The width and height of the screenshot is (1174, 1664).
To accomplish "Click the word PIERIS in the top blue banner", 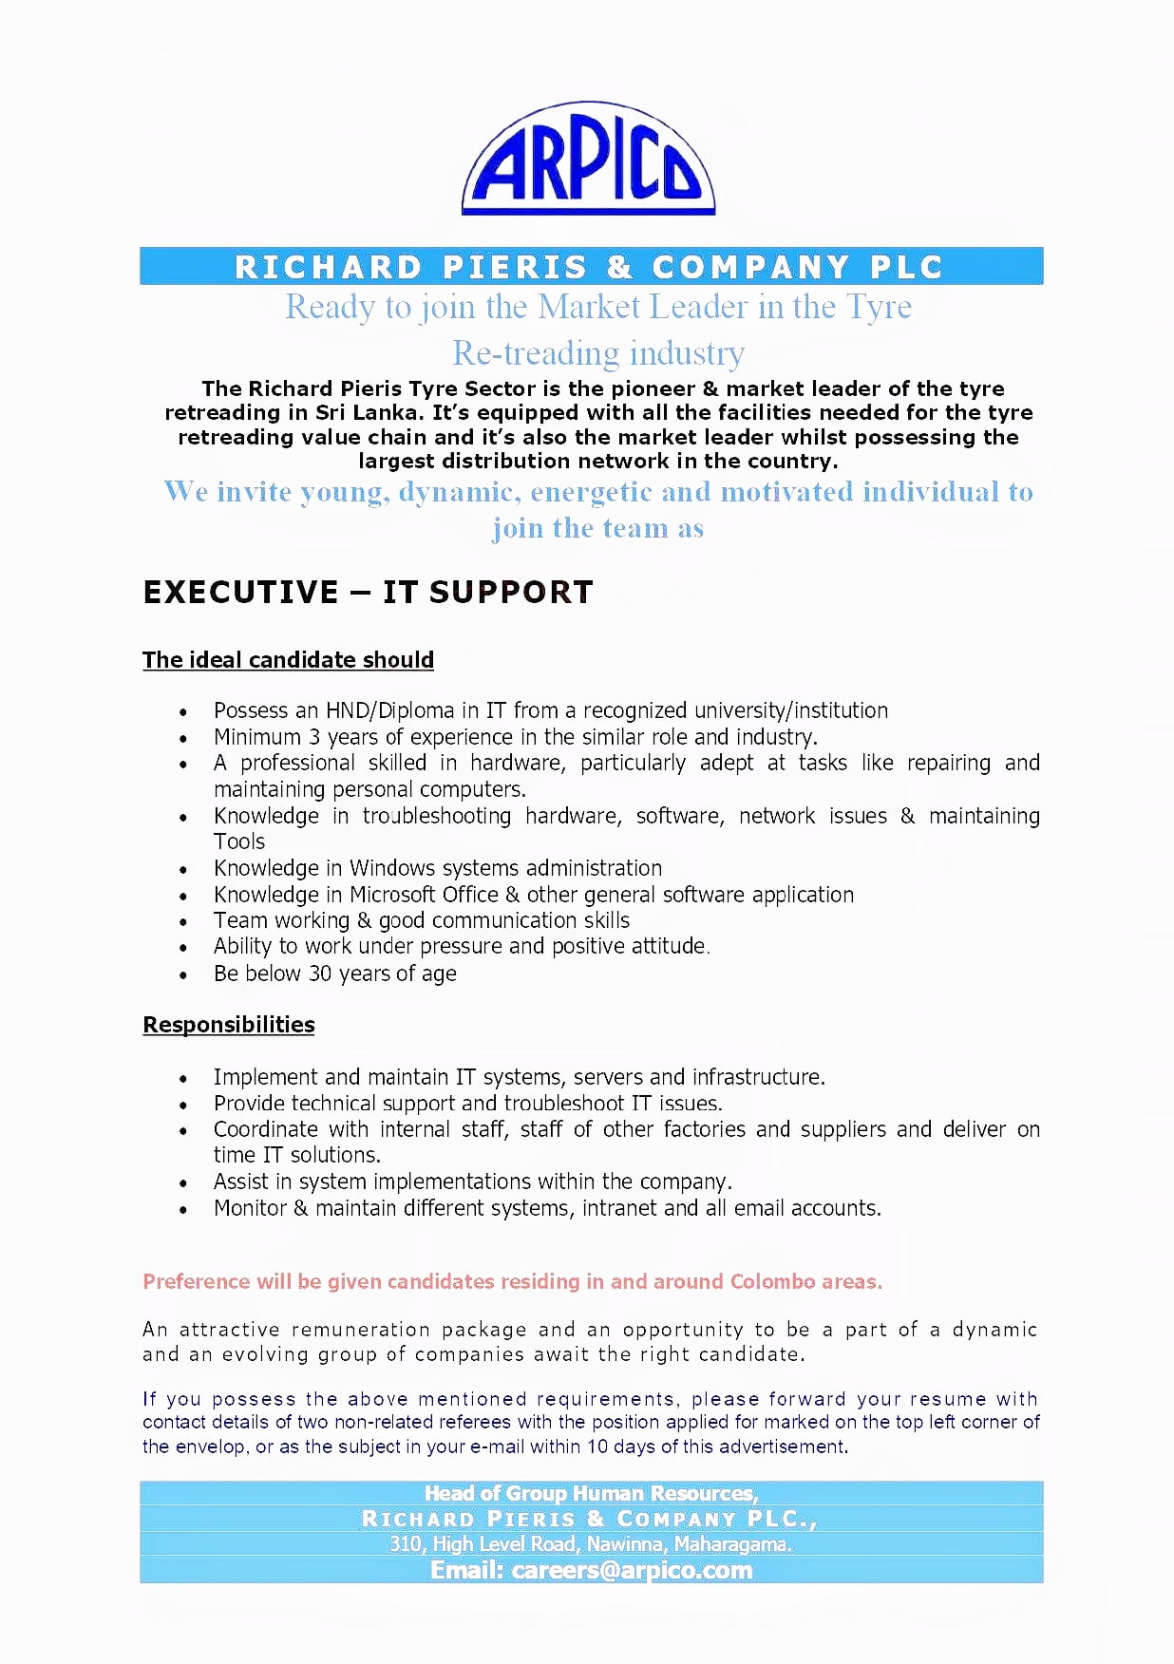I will (515, 267).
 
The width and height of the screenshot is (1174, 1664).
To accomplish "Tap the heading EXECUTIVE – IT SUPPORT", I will (368, 592).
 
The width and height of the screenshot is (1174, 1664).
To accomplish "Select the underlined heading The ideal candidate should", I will (288, 660).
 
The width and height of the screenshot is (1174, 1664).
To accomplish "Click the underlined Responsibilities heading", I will (228, 1025).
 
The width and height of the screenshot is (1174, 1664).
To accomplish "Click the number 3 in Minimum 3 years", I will (314, 737).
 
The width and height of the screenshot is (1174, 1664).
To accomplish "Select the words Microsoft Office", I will (424, 895).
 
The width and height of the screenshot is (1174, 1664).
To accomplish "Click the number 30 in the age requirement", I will (320, 974).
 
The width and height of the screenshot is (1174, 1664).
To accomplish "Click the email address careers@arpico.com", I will (632, 1570).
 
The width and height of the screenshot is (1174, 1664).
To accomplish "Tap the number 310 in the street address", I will (406, 1544).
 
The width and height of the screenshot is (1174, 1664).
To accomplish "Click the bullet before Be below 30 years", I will (183, 975).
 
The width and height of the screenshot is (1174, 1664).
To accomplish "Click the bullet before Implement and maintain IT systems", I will (183, 1079).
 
